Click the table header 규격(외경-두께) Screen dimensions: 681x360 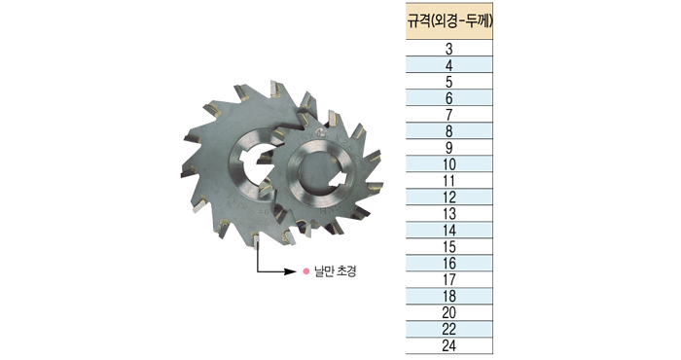point(449,21)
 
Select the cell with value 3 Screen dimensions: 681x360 point(449,49)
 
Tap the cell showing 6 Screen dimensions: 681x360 point(449,97)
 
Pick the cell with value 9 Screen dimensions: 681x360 point(449,147)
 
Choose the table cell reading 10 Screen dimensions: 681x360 point(449,163)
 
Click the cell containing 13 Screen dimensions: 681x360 point(449,213)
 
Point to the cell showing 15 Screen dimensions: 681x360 point(449,246)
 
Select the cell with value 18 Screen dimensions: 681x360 point(449,296)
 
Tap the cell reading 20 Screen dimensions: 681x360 point(449,312)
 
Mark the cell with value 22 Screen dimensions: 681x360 point(449,329)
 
